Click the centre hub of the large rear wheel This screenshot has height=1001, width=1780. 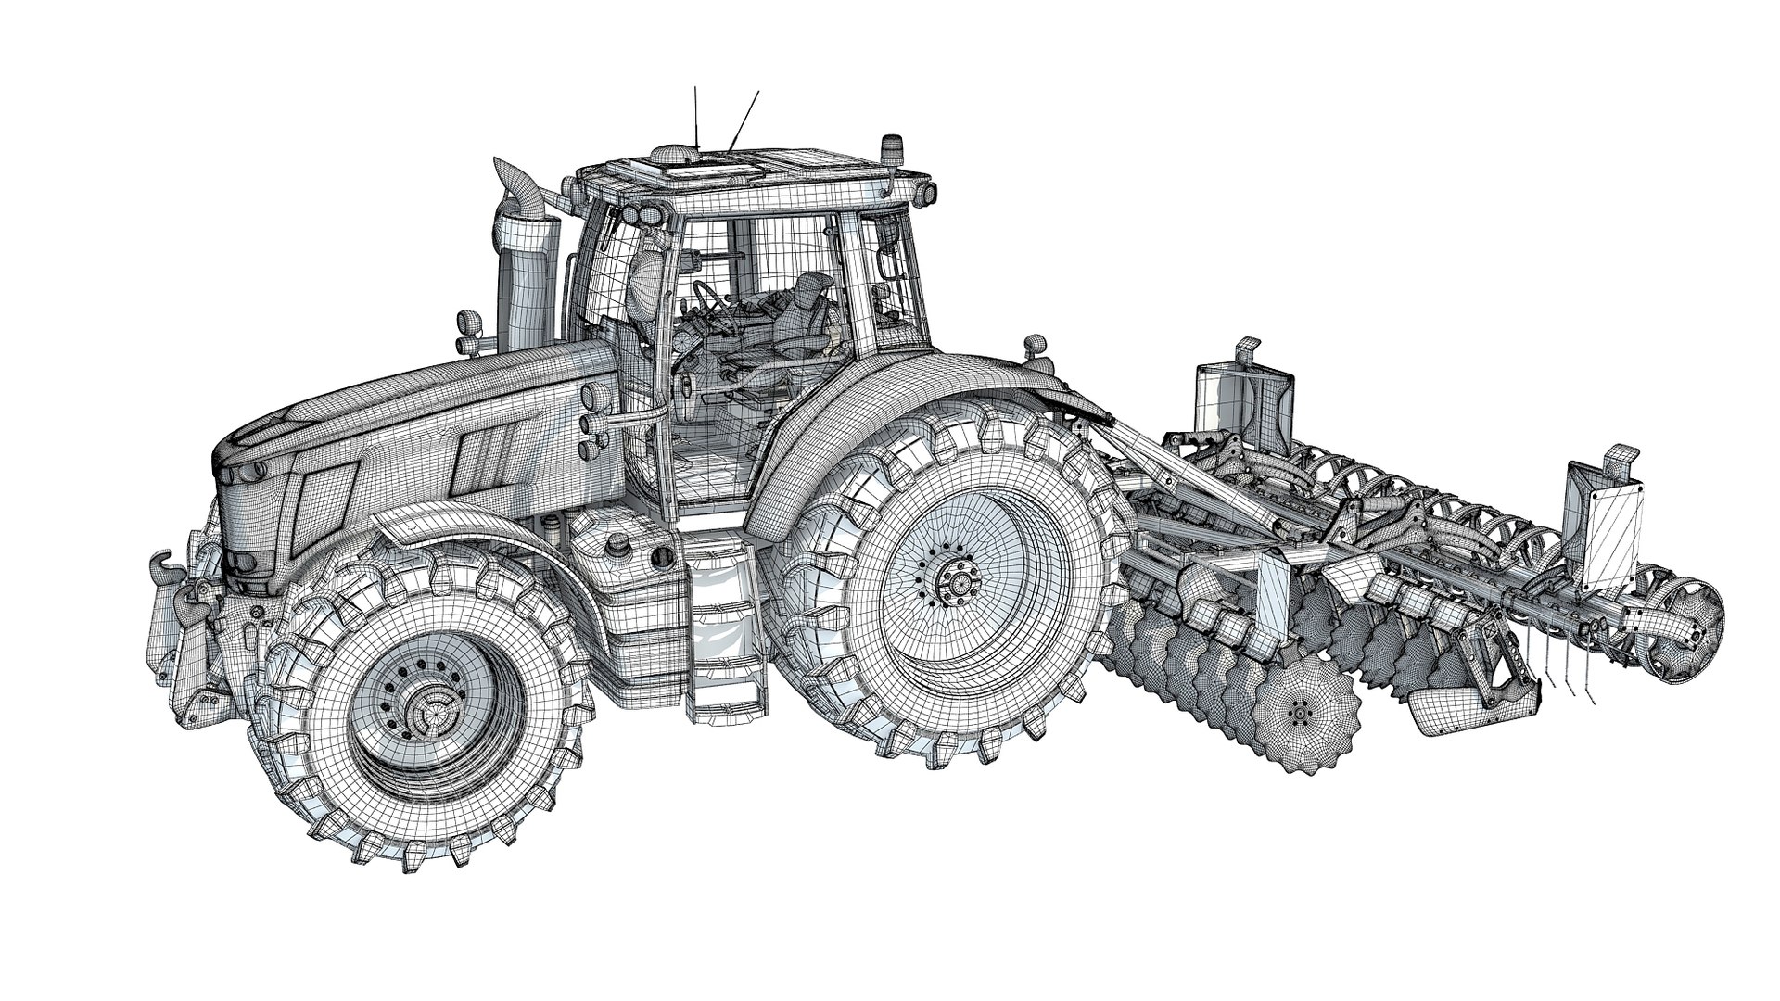point(955,583)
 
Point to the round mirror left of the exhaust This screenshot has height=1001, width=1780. point(467,324)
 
